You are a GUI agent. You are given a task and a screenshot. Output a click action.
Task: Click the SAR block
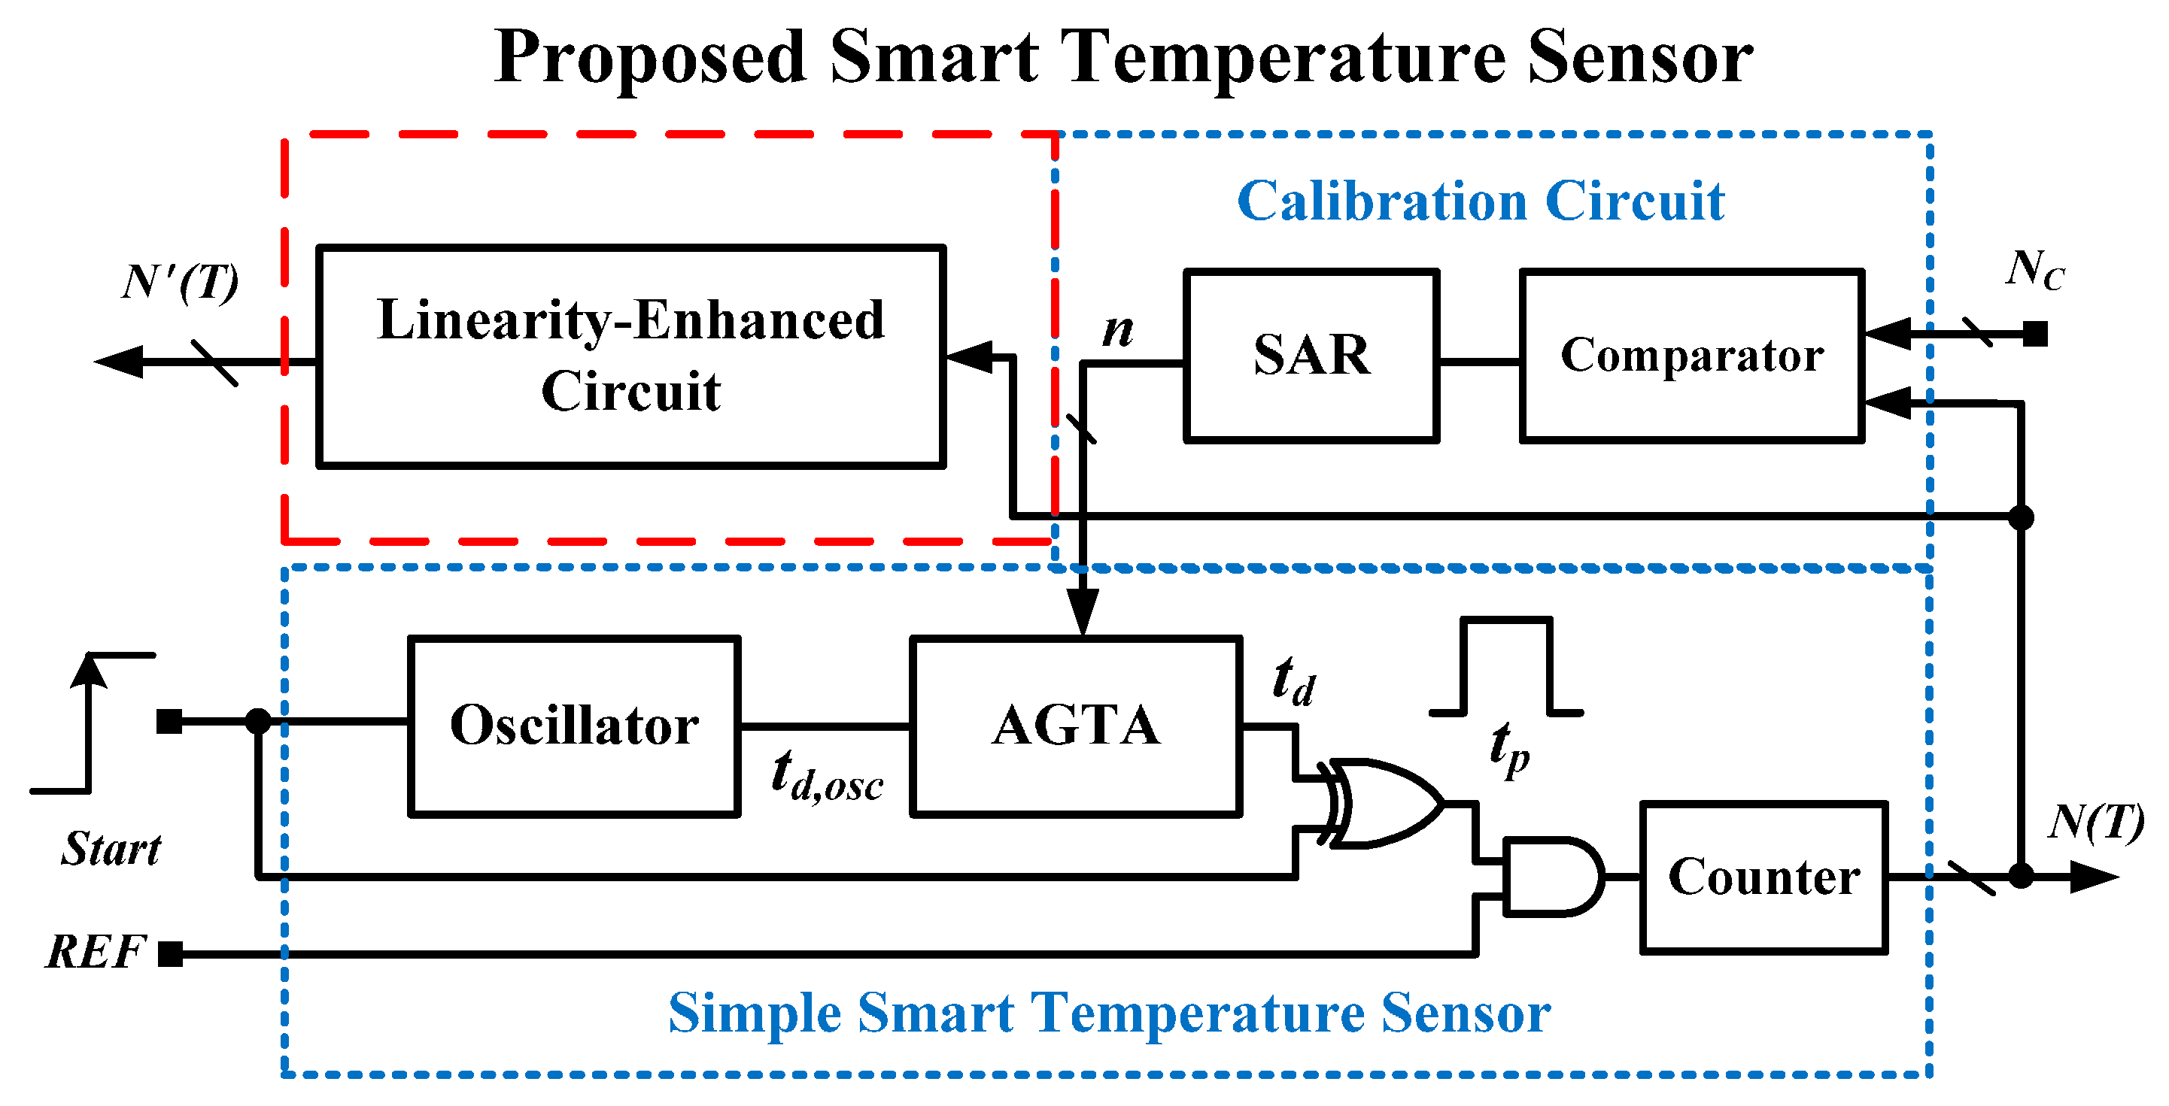click(1311, 355)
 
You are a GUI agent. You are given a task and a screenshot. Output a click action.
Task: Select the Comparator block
click(1691, 355)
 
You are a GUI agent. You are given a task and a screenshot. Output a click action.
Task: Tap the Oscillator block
click(574, 726)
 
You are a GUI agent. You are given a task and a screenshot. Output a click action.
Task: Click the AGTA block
click(1076, 726)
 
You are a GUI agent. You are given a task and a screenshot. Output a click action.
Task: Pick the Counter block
click(1764, 877)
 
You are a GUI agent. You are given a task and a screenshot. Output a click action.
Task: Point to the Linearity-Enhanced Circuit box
click(630, 355)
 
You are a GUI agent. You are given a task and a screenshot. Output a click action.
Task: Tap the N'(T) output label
click(181, 282)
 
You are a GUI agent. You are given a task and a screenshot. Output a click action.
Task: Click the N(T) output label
click(2096, 823)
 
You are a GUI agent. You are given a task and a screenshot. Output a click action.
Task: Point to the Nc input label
click(2034, 271)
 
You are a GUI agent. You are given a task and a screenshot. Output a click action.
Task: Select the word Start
click(111, 848)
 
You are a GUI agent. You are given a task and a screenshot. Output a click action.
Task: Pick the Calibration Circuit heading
click(1481, 202)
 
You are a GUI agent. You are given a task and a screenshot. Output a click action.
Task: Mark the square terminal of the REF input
click(171, 954)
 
